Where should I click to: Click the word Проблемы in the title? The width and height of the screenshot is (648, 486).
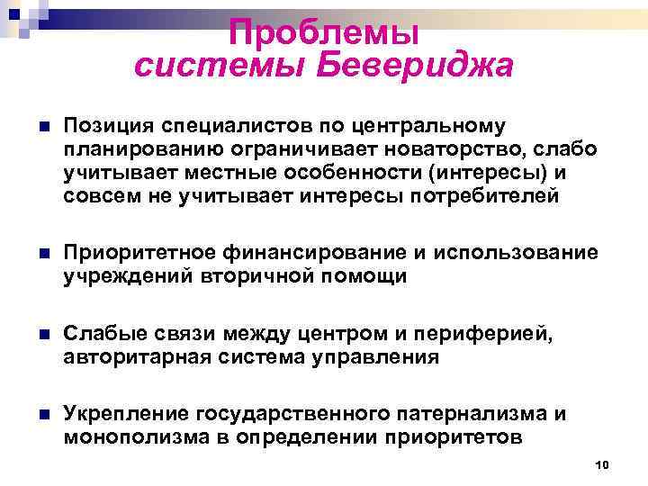coord(323,33)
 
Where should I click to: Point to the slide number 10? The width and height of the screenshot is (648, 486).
coord(603,463)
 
